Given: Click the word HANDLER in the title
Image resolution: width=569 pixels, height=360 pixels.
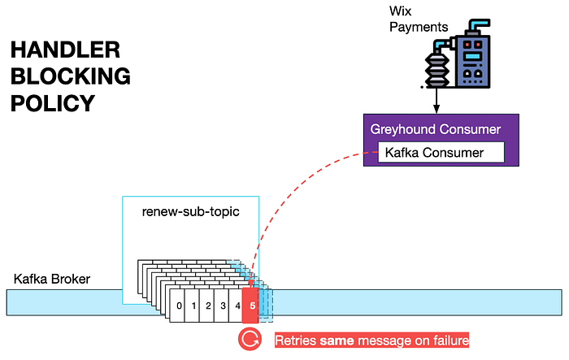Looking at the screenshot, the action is pyautogui.click(x=65, y=50).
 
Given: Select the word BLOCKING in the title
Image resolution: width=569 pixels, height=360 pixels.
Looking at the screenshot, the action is pyautogui.click(x=71, y=76).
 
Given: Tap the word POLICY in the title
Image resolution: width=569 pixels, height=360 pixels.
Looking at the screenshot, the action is pyautogui.click(x=53, y=103).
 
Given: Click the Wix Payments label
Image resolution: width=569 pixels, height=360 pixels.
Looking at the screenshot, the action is pyautogui.click(x=419, y=19).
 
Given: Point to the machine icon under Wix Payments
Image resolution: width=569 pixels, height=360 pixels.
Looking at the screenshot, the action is pyautogui.click(x=457, y=54).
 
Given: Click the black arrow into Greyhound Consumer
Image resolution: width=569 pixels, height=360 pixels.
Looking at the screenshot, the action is pyautogui.click(x=437, y=101).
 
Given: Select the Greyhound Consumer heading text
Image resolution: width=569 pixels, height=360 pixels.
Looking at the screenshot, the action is pyautogui.click(x=436, y=129).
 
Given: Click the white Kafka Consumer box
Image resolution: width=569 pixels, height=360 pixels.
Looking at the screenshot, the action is pyautogui.click(x=441, y=153).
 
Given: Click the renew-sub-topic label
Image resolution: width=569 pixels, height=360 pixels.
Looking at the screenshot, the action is pyautogui.click(x=190, y=211).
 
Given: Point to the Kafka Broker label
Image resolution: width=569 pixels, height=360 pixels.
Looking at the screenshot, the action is pyautogui.click(x=52, y=279).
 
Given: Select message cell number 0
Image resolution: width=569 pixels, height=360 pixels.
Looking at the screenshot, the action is pyautogui.click(x=177, y=306).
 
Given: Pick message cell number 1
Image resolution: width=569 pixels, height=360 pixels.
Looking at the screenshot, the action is pyautogui.click(x=193, y=306).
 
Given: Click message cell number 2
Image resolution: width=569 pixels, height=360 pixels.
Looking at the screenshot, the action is pyautogui.click(x=207, y=306).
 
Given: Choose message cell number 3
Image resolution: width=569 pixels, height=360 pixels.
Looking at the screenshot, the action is pyautogui.click(x=222, y=306).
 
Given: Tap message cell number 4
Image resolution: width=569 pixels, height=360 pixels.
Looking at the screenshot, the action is pyautogui.click(x=236, y=306).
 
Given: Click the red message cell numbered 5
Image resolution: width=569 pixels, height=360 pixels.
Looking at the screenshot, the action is pyautogui.click(x=250, y=306).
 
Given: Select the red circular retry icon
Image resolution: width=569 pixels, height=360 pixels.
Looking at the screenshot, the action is pyautogui.click(x=250, y=340).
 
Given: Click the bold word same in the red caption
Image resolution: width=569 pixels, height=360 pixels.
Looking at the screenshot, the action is pyautogui.click(x=337, y=340).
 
